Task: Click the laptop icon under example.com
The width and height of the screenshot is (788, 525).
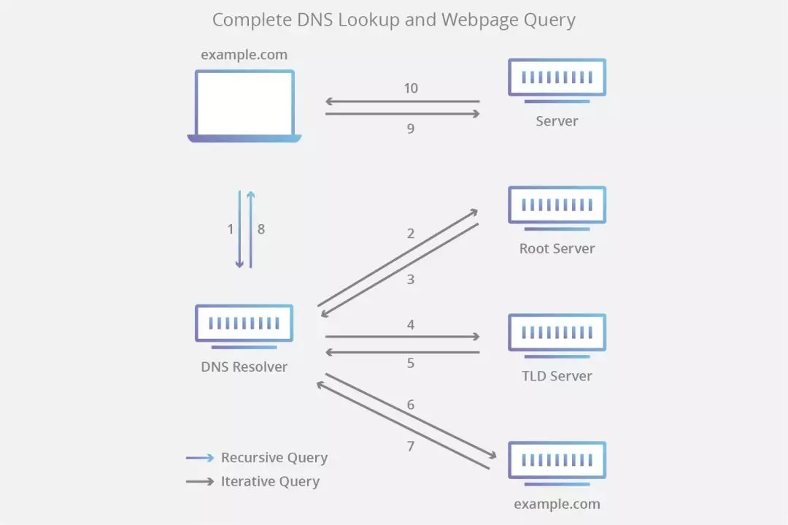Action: [x=244, y=106]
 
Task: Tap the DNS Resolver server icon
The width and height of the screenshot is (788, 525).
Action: [x=244, y=323]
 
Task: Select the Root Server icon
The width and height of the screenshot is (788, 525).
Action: [x=557, y=205]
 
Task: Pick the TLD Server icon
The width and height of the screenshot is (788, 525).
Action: [x=557, y=333]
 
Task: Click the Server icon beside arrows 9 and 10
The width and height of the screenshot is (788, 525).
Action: [x=557, y=78]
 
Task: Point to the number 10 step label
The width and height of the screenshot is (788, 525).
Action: [x=411, y=88]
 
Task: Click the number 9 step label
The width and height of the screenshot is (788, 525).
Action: [x=411, y=129]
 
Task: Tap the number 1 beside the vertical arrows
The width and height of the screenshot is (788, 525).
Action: [x=231, y=229]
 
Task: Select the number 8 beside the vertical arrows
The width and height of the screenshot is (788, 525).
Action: [x=261, y=229]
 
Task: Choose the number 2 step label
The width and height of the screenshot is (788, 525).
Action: [x=411, y=234]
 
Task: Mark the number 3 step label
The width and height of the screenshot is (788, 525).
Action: [x=411, y=279]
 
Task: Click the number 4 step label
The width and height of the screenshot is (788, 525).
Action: [x=411, y=324]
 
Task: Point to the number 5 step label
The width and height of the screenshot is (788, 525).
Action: [x=411, y=363]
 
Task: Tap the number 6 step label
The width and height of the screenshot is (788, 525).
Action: [x=411, y=405]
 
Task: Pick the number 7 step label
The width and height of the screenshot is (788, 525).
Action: [x=411, y=445]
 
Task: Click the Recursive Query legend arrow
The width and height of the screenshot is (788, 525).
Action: [x=200, y=458]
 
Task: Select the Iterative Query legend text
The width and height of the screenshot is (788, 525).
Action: [x=270, y=481]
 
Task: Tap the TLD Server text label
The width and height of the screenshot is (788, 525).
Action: [x=557, y=376]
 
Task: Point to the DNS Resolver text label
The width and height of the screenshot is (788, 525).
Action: [x=244, y=367]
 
